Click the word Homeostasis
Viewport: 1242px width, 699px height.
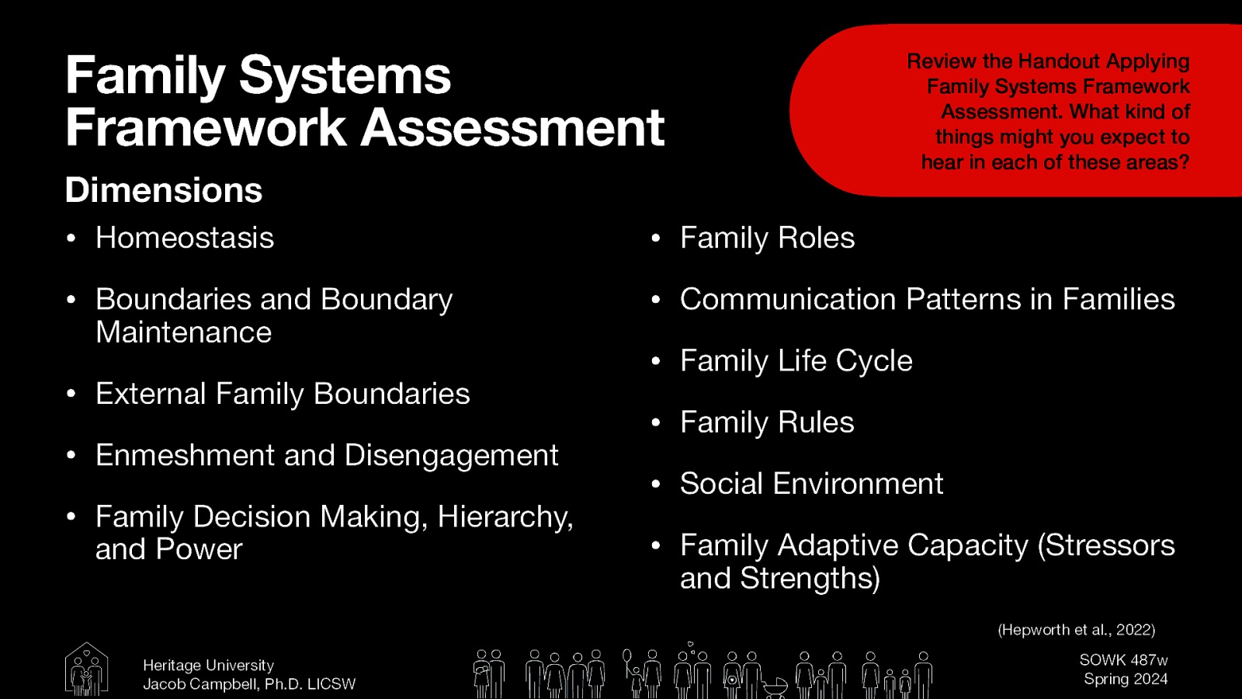pyautogui.click(x=185, y=238)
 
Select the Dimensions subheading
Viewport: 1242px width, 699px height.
pyautogui.click(x=164, y=190)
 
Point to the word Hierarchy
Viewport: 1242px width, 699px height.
pyautogui.click(x=505, y=517)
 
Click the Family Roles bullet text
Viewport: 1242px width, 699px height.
pyautogui.click(x=767, y=238)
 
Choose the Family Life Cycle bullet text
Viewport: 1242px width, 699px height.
pyautogui.click(x=796, y=361)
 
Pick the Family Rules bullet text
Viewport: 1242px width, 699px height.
pyautogui.click(x=767, y=423)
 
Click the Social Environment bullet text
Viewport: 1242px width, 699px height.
pyautogui.click(x=811, y=484)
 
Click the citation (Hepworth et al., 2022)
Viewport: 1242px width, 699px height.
pyautogui.click(x=1076, y=630)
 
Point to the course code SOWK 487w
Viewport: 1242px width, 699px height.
pyautogui.click(x=1123, y=660)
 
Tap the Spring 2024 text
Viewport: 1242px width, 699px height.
pyautogui.click(x=1126, y=679)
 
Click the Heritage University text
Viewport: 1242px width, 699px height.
pyautogui.click(x=208, y=666)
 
